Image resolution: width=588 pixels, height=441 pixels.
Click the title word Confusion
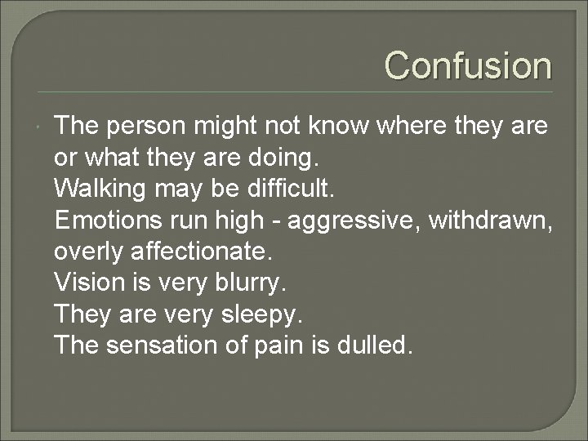pos(468,65)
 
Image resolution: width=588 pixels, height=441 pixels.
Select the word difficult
pos(291,188)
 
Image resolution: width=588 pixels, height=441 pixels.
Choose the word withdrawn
pos(495,219)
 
